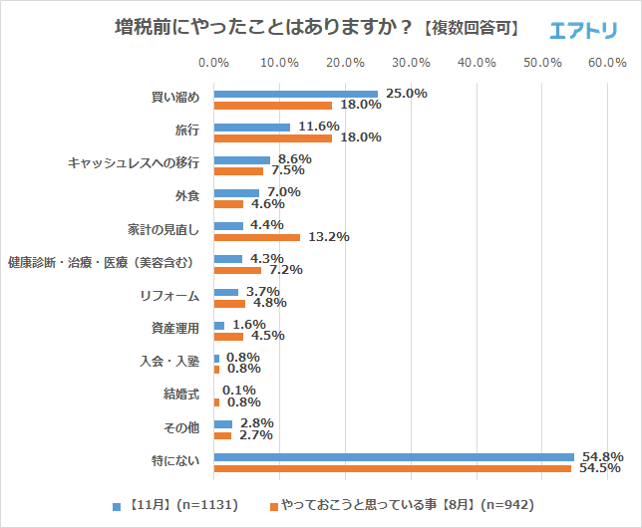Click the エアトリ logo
pyautogui.click(x=584, y=30)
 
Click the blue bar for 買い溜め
pyautogui.click(x=296, y=95)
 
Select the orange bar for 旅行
pyautogui.click(x=273, y=137)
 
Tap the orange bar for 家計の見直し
pyautogui.click(x=257, y=237)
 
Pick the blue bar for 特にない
pyautogui.click(x=394, y=457)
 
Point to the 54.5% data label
pyautogui.click(x=601, y=468)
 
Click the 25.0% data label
pyautogui.click(x=407, y=94)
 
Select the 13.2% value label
pyautogui.click(x=328, y=237)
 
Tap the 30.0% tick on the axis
pyautogui.click(x=412, y=63)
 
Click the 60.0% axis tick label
pyautogui.click(x=607, y=63)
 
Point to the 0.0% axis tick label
pyautogui.click(x=214, y=63)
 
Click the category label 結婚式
pyautogui.click(x=181, y=396)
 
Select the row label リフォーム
pyautogui.click(x=170, y=296)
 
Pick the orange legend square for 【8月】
pyautogui.click(x=273, y=505)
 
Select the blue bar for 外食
pyautogui.click(x=236, y=192)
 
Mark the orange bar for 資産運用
pyautogui.click(x=228, y=336)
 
